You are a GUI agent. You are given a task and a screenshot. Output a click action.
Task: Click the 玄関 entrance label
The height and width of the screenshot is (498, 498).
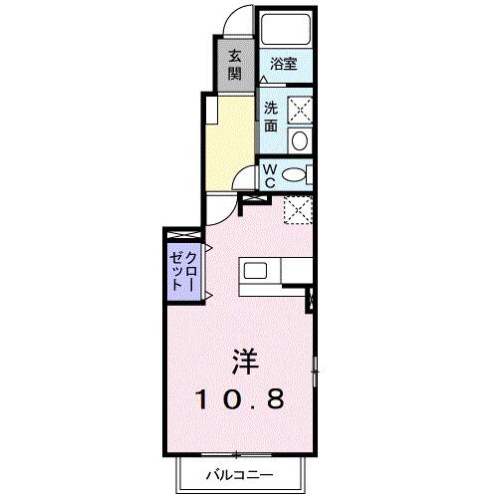[x=234, y=64]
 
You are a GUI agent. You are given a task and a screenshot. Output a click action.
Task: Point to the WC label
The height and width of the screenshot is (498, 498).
[x=270, y=175]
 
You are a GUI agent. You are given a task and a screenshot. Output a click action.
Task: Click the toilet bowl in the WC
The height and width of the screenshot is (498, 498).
[x=293, y=175]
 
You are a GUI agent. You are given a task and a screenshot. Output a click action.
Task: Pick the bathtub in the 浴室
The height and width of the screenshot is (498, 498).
[x=285, y=28]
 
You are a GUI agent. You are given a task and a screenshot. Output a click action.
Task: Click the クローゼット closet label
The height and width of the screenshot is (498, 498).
[x=183, y=267]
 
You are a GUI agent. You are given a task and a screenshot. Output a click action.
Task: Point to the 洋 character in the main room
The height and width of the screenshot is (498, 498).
[x=243, y=360]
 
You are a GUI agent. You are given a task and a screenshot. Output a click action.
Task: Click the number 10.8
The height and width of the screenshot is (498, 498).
[x=242, y=399]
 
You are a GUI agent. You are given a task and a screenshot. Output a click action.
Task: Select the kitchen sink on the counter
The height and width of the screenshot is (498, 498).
[x=254, y=271]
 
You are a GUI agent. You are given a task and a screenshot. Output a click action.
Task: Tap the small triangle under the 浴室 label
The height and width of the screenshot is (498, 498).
[x=263, y=78]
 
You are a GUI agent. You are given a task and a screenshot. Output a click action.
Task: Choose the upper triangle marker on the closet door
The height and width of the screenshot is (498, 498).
[x=208, y=248]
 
